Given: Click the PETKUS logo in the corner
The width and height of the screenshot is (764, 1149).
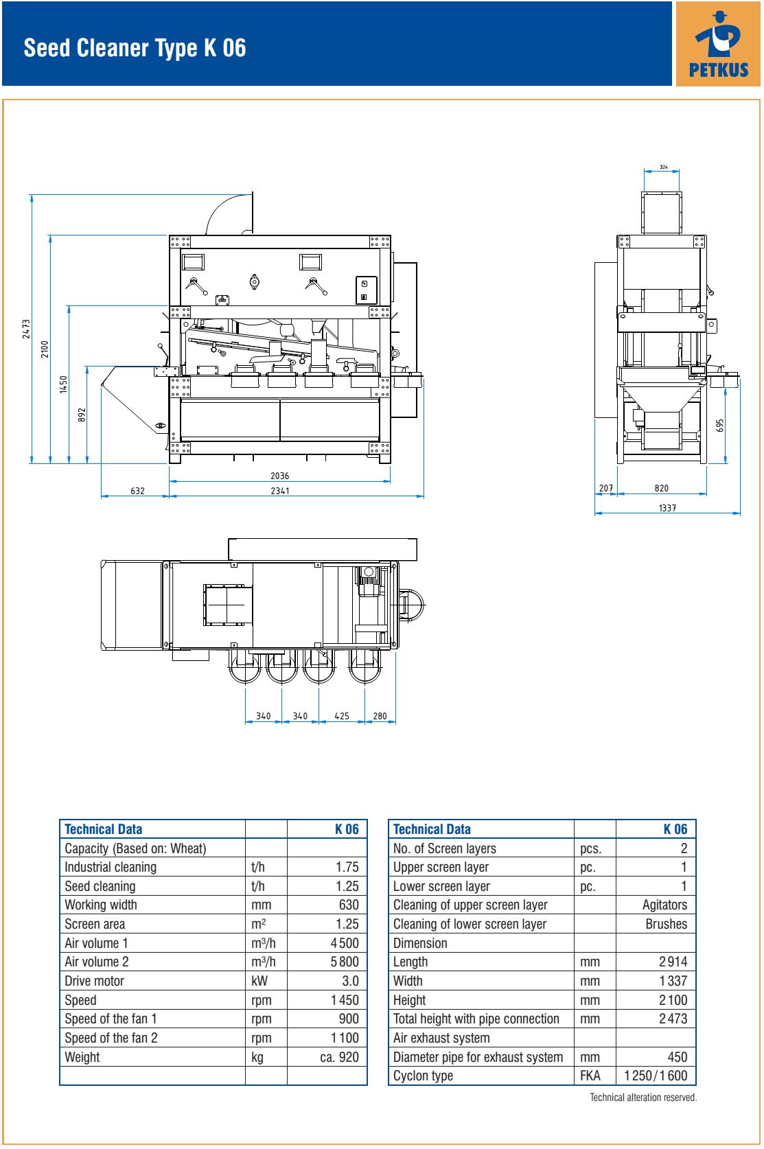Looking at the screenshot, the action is (x=718, y=44).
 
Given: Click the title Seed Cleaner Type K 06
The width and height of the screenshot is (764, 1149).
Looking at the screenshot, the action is (x=135, y=48).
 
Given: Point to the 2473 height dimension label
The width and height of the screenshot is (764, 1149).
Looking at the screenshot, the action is (x=26, y=329).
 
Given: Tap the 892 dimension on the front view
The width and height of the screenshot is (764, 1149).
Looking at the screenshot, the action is (x=82, y=415).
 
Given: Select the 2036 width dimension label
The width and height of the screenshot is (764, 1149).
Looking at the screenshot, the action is (x=279, y=476).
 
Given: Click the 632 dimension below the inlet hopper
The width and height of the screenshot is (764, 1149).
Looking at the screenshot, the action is (x=137, y=491).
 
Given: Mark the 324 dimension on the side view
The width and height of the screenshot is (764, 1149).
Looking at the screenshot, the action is (x=663, y=167).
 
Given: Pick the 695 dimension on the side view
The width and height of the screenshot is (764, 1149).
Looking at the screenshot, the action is (x=720, y=426).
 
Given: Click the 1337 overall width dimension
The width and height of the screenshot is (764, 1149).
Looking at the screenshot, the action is (x=667, y=508).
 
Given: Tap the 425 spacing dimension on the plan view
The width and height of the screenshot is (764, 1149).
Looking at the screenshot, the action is (x=342, y=716).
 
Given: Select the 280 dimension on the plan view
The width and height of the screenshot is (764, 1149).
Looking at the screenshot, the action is (x=380, y=716).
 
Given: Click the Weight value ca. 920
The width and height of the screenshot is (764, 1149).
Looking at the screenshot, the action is (x=339, y=1057).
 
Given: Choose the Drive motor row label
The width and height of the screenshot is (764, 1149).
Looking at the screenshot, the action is (x=95, y=982).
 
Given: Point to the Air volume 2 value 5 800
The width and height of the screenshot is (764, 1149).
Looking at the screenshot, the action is (x=345, y=962).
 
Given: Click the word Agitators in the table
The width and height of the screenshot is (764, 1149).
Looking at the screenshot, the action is (x=664, y=905).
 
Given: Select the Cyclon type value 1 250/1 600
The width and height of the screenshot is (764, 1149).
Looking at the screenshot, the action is (x=656, y=1076).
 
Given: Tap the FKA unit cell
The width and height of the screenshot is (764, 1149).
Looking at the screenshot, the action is (x=590, y=1076).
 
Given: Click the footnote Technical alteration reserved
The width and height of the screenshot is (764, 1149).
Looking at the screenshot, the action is (x=643, y=1098).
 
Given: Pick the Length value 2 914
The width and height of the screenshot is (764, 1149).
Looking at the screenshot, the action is (x=673, y=962).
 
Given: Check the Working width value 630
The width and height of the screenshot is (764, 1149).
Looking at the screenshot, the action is (x=349, y=905).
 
